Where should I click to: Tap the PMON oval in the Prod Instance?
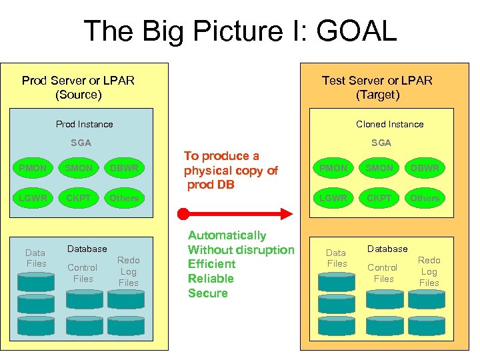[33, 168]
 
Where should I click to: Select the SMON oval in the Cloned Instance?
[379, 168]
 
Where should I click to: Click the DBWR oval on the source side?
[124, 168]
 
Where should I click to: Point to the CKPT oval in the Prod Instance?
[79, 198]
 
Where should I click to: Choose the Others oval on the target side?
[425, 198]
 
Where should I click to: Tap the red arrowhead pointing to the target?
[287, 214]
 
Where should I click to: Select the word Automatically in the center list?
[227, 235]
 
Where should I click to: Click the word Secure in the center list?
[208, 293]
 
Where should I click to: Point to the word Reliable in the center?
[211, 279]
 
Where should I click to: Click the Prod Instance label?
[85, 124]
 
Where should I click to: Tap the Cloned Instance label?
[390, 124]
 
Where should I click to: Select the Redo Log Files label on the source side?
[129, 271]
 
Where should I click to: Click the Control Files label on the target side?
[383, 273]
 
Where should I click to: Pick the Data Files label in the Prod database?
[36, 258]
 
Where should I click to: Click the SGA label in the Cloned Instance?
[381, 143]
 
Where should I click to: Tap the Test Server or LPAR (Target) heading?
[377, 87]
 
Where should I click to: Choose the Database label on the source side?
[87, 249]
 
